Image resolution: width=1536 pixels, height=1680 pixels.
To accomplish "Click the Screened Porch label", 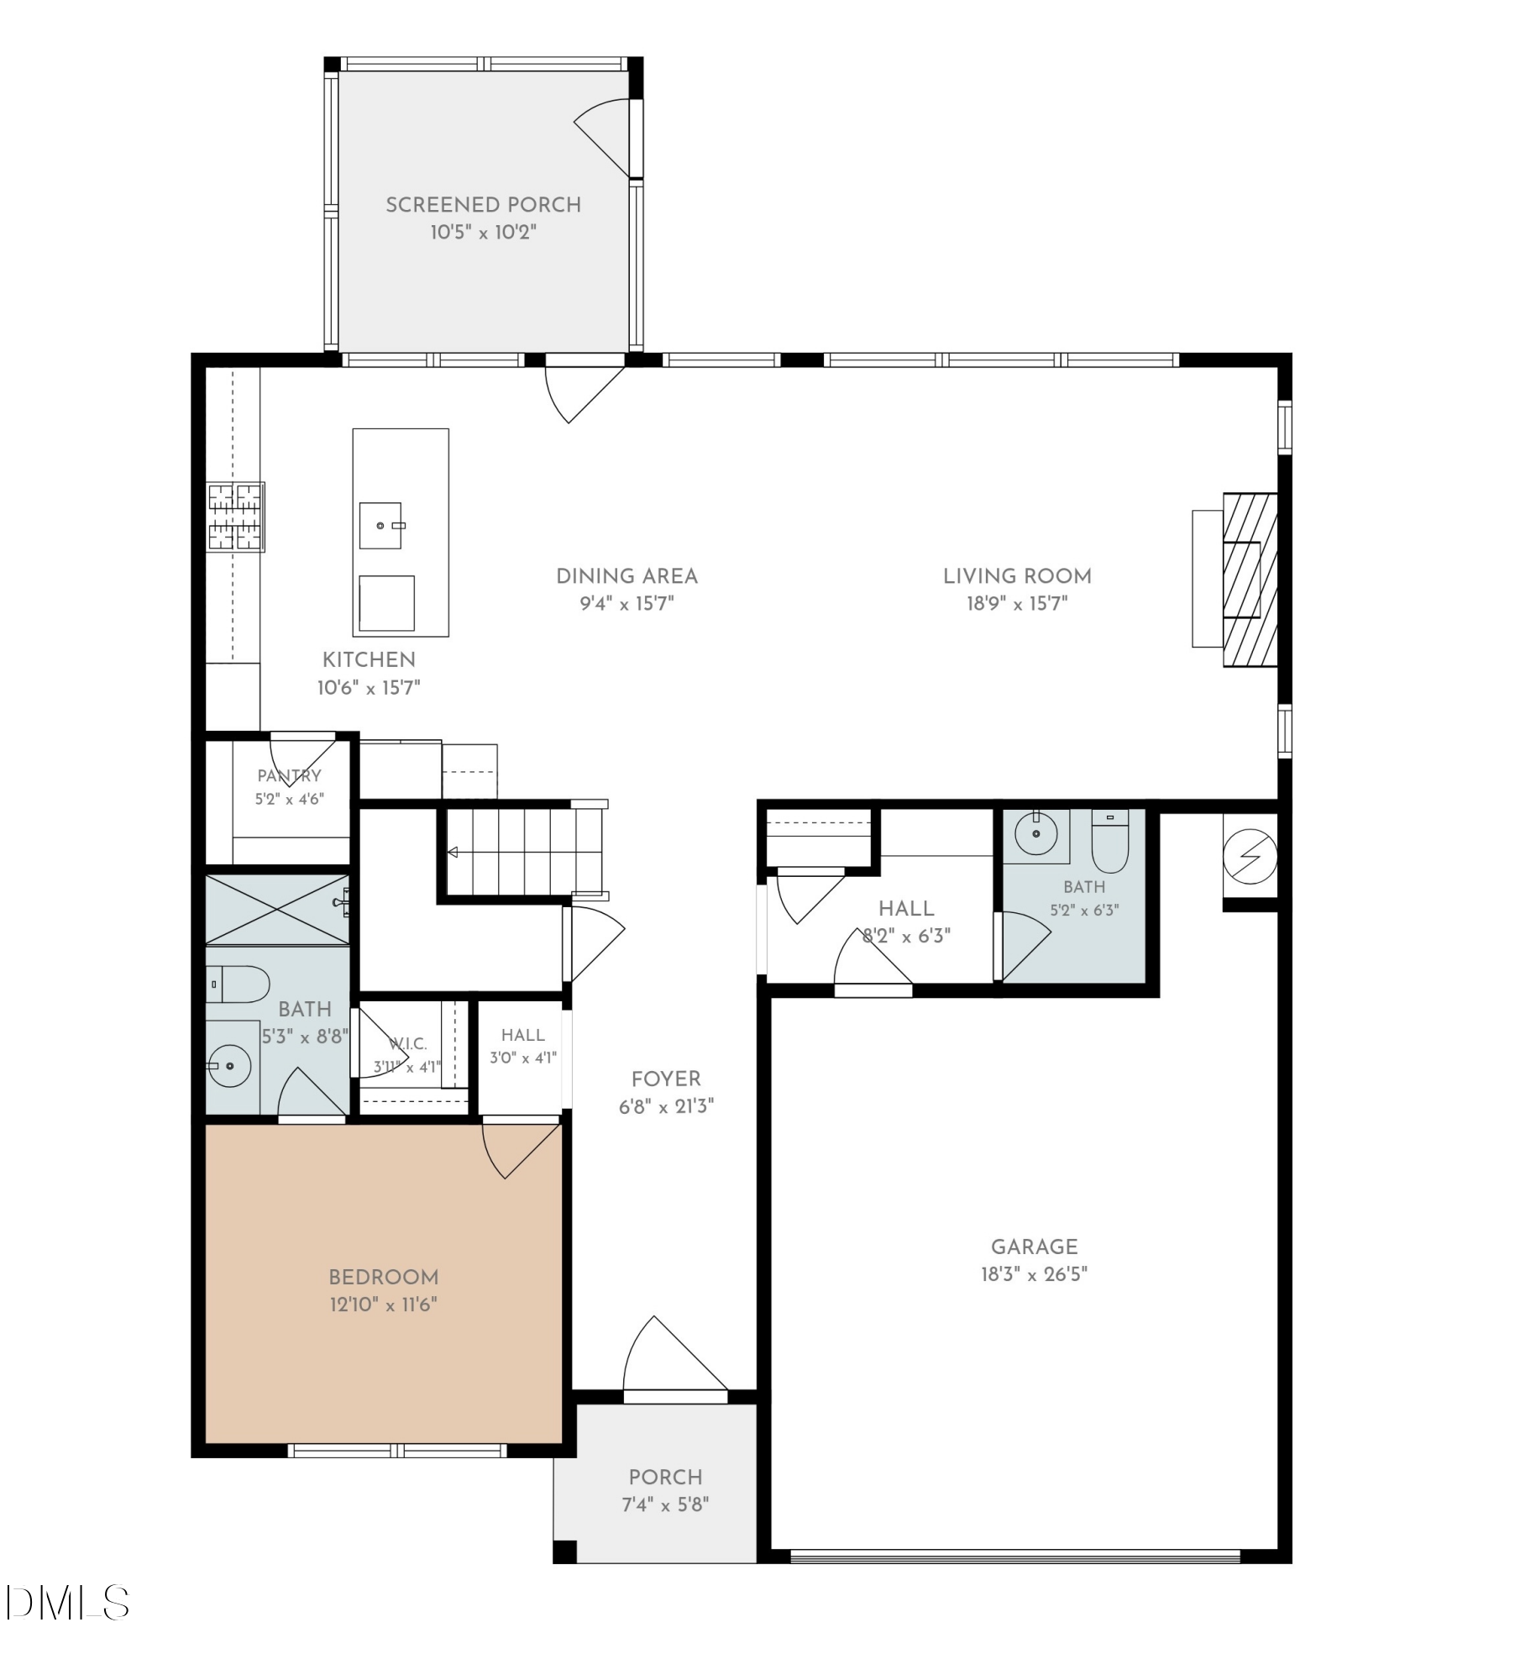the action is tap(483, 205).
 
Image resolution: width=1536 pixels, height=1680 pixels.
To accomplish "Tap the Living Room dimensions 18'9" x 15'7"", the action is tap(1017, 603).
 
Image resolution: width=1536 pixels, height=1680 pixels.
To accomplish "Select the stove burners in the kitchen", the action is tap(236, 517).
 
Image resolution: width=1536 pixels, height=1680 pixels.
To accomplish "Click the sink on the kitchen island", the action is tap(380, 526).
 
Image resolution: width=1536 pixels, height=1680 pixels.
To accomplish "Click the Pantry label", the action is tap(289, 775).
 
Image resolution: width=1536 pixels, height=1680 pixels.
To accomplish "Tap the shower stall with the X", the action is tap(277, 910).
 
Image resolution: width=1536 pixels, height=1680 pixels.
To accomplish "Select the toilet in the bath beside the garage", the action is tap(1110, 841).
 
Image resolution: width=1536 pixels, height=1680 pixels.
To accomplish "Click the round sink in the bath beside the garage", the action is tap(1036, 833).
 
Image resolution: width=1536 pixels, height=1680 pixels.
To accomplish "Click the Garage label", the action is tap(1034, 1247).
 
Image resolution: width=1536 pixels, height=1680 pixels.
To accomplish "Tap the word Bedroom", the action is tap(384, 1277).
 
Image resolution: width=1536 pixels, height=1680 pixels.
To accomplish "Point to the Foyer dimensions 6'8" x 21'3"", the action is tap(666, 1106).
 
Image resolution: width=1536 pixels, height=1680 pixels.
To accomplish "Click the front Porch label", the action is tap(665, 1477).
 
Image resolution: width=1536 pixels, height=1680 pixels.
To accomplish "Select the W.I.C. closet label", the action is tap(408, 1044).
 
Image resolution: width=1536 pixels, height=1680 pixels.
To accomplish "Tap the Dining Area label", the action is tap(626, 576).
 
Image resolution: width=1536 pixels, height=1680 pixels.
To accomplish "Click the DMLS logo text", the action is tap(67, 1602).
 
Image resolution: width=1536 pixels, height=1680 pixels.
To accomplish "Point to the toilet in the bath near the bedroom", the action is tap(238, 984).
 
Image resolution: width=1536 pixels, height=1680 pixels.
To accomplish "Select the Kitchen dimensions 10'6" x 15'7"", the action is tap(369, 688).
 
